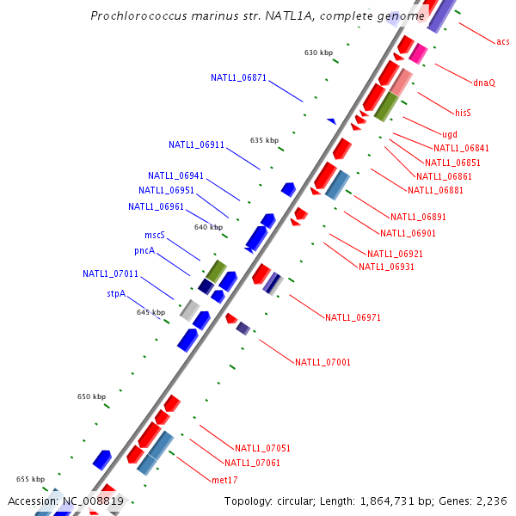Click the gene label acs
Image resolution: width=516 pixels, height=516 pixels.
tap(502, 41)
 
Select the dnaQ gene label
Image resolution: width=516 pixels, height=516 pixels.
tap(484, 83)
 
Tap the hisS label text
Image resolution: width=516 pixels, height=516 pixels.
tap(464, 113)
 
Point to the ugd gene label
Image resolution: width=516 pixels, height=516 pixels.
tap(450, 134)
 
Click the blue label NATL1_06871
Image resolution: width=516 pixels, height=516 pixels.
tap(238, 77)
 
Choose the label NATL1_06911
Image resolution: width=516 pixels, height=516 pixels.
tap(196, 144)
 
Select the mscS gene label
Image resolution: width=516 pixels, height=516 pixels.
tap(155, 235)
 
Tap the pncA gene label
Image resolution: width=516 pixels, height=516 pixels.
tap(144, 251)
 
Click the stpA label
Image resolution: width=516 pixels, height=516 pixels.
tap(116, 293)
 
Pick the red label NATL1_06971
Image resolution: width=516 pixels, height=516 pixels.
tap(353, 317)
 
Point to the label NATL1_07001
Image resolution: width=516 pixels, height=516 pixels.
tap(322, 362)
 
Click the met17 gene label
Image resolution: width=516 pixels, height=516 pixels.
tap(224, 480)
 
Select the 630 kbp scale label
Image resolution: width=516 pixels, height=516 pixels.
tap(318, 52)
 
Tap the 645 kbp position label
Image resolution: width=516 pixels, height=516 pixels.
tap(150, 312)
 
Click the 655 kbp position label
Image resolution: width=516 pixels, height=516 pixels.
tap(30, 479)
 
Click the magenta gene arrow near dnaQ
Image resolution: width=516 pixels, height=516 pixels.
tap(418, 54)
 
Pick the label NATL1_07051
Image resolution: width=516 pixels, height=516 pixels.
tap(262, 448)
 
